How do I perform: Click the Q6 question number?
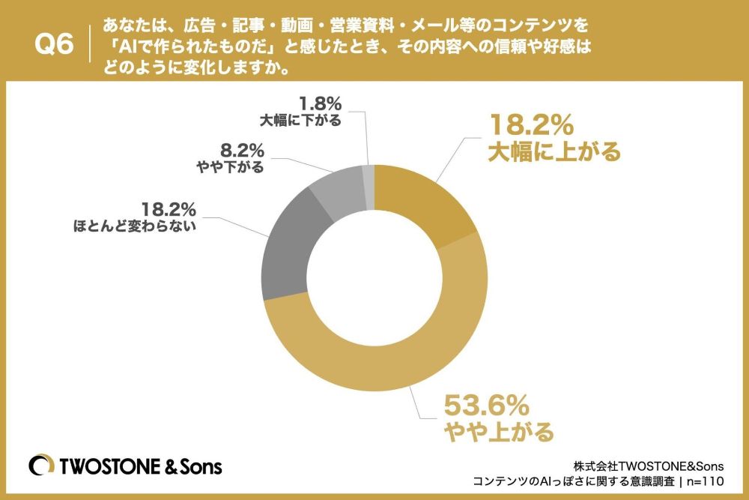[x=54, y=45]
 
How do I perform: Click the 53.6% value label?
[x=486, y=406]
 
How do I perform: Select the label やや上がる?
[x=499, y=432]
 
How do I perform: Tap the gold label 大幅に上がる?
[x=554, y=151]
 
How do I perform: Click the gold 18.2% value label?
[x=530, y=124]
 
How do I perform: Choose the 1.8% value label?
[x=321, y=103]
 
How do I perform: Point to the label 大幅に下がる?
[x=300, y=120]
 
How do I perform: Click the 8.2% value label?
[x=242, y=151]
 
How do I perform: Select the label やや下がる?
[x=231, y=167]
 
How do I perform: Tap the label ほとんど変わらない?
[x=135, y=226]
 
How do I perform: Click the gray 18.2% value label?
[x=169, y=209]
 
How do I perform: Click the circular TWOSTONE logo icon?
[x=41, y=465]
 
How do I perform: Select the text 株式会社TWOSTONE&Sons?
[x=648, y=466]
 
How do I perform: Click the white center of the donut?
[x=375, y=277]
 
